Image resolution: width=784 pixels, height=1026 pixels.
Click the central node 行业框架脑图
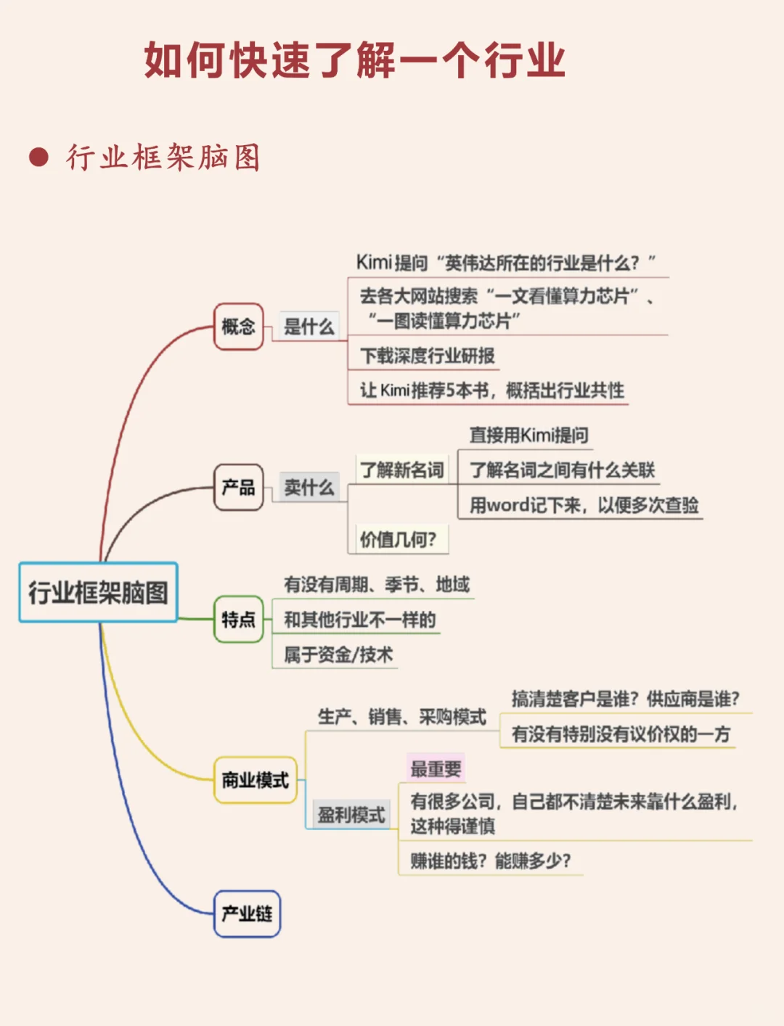tap(98, 592)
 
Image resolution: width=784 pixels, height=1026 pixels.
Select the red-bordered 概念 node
tap(238, 327)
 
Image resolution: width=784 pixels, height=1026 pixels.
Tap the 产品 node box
tap(238, 487)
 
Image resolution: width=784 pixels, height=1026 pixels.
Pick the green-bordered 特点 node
tap(238, 619)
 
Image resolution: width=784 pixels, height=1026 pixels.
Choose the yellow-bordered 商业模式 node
tap(255, 780)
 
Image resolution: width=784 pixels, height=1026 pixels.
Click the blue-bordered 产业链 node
tap(247, 913)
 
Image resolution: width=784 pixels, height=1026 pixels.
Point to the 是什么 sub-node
tap(309, 327)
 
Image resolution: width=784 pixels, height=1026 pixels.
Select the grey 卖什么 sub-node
tap(309, 487)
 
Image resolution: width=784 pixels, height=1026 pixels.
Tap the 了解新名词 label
tap(402, 470)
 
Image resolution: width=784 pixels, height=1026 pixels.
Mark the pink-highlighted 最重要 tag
tap(436, 768)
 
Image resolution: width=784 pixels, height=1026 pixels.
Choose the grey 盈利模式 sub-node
tap(351, 815)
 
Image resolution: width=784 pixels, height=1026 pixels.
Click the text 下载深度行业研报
tap(428, 356)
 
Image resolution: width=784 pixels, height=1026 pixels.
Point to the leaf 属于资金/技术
tap(338, 654)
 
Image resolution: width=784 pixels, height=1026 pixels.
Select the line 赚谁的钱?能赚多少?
tap(491, 861)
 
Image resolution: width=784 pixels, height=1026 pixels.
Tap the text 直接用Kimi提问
tap(528, 435)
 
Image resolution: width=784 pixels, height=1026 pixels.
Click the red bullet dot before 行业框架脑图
tap(38, 157)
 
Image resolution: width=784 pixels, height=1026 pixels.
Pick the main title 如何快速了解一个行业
tap(354, 59)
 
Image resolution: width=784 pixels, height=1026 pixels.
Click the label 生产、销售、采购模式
tap(401, 717)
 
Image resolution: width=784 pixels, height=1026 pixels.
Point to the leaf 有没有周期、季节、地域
tap(377, 584)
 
